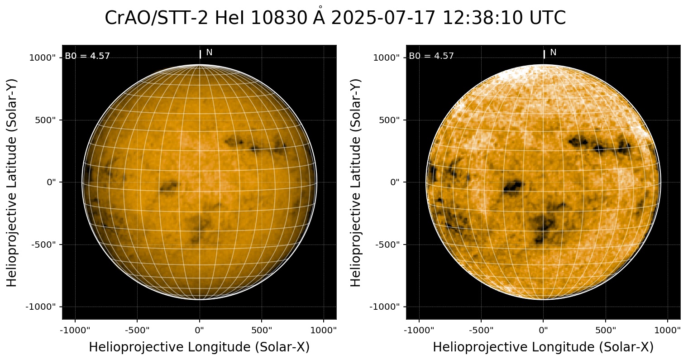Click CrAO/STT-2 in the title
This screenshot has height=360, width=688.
pos(158,19)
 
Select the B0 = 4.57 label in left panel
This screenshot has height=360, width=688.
pos(87,56)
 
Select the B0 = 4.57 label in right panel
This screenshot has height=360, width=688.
pos(431,56)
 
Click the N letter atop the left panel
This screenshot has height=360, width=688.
pos(209,53)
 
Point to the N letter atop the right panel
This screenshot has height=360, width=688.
pos(553,53)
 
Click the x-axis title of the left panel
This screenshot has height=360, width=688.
pos(199,347)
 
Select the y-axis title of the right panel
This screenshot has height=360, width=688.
pos(356,182)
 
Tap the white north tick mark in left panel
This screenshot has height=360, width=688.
pos(200,54)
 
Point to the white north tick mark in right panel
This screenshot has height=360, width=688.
pos(544,54)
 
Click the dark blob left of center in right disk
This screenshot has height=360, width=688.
pos(512,186)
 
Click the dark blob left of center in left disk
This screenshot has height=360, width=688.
pos(168,186)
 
